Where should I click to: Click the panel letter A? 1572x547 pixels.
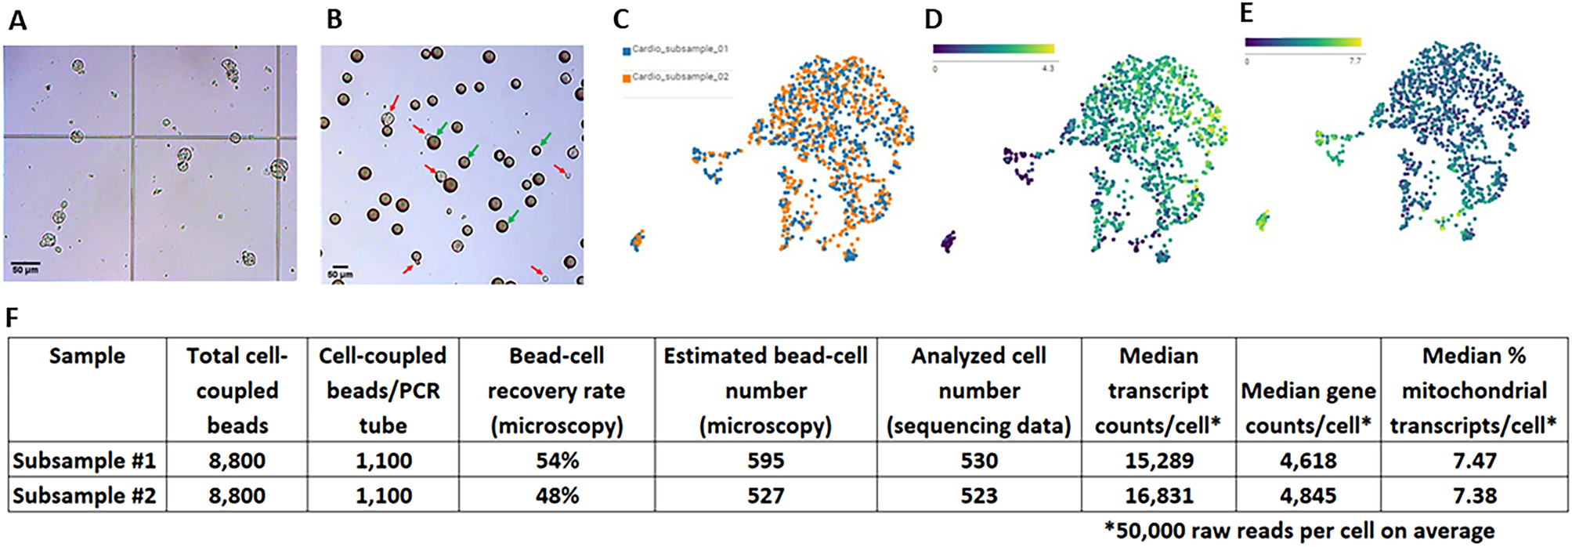click(17, 20)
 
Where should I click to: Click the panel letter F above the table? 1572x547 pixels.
click(12, 317)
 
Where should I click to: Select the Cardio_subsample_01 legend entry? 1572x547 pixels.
click(678, 49)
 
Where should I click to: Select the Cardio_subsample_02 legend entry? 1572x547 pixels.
click(678, 77)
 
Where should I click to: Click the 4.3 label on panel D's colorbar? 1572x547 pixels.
click(1047, 69)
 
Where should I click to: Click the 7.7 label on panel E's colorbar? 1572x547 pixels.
click(1354, 61)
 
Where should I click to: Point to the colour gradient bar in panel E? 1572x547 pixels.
click(1303, 42)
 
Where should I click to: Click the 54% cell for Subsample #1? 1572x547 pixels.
click(556, 460)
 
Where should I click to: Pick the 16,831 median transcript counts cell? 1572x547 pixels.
click(1158, 495)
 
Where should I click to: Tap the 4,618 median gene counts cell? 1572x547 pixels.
click(1307, 460)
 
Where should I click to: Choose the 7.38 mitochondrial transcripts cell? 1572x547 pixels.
click(1473, 495)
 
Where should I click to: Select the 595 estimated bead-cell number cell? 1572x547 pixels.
click(764, 460)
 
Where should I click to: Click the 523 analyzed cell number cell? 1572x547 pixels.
click(978, 495)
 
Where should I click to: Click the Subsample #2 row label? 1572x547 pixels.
click(85, 495)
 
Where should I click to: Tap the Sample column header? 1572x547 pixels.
click(86, 356)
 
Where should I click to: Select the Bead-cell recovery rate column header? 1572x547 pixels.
click(556, 390)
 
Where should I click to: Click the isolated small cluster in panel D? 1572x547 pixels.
click(949, 241)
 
